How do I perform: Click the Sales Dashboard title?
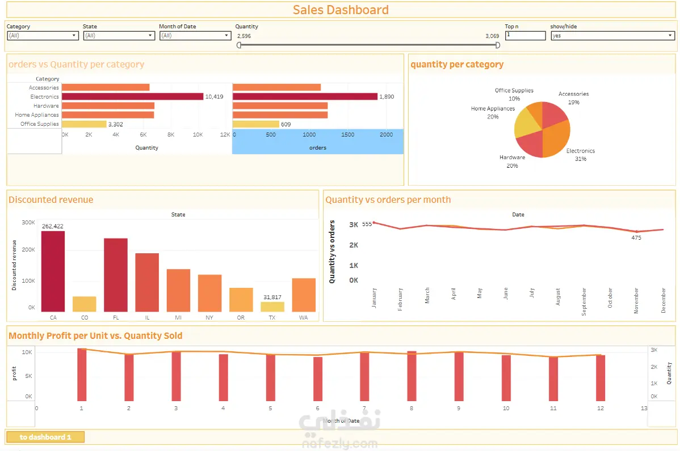(341, 10)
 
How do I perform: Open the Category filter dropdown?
(43, 36)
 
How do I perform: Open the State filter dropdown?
(119, 36)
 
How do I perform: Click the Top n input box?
(525, 35)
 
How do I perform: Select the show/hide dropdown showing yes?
(612, 36)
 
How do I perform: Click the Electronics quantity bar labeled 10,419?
(132, 97)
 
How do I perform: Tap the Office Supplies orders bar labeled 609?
(255, 124)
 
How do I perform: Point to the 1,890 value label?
(387, 97)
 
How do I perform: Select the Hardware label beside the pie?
(512, 158)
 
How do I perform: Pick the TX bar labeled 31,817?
(272, 307)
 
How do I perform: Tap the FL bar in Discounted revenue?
(116, 275)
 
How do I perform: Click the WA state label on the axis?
(303, 318)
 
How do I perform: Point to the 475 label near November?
(636, 238)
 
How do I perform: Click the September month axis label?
(584, 301)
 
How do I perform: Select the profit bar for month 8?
(412, 376)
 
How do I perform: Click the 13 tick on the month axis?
(644, 408)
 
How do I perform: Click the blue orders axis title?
(318, 148)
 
